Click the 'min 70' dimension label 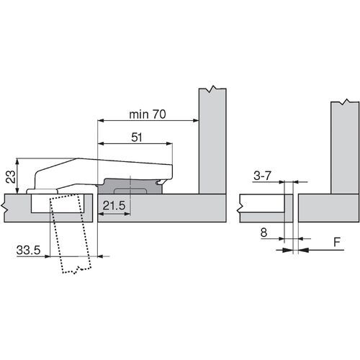148,114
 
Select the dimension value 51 137,138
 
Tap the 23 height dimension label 11,177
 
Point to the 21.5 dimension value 114,205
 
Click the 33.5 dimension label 28,250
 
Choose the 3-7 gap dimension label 262,176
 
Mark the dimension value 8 264,233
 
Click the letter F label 337,242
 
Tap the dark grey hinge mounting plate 130,186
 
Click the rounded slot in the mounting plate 130,192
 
